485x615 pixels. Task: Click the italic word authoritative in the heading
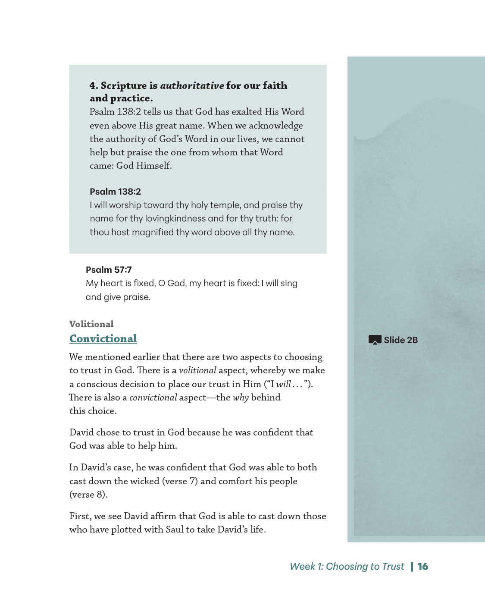coord(192,85)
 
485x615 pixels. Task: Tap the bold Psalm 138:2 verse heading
coord(115,192)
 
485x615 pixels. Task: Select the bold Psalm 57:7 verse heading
coord(109,270)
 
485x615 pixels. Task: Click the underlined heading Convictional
coord(103,339)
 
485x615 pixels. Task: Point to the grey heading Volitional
coord(91,324)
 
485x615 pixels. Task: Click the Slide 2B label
coord(401,340)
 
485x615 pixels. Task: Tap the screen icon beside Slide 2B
coord(375,340)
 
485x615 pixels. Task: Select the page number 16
coord(423,566)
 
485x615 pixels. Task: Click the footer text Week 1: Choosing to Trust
coord(347,566)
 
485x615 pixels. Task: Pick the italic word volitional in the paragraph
coord(197,370)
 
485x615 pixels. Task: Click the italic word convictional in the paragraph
coord(153,397)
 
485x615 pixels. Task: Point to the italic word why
coord(241,397)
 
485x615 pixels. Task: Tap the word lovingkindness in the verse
coord(175,218)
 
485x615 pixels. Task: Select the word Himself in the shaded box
coord(154,166)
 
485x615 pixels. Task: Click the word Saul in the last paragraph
coord(174,530)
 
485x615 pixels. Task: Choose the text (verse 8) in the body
coord(88,495)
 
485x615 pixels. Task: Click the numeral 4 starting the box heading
coord(93,85)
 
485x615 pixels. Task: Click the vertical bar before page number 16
coord(412,566)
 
